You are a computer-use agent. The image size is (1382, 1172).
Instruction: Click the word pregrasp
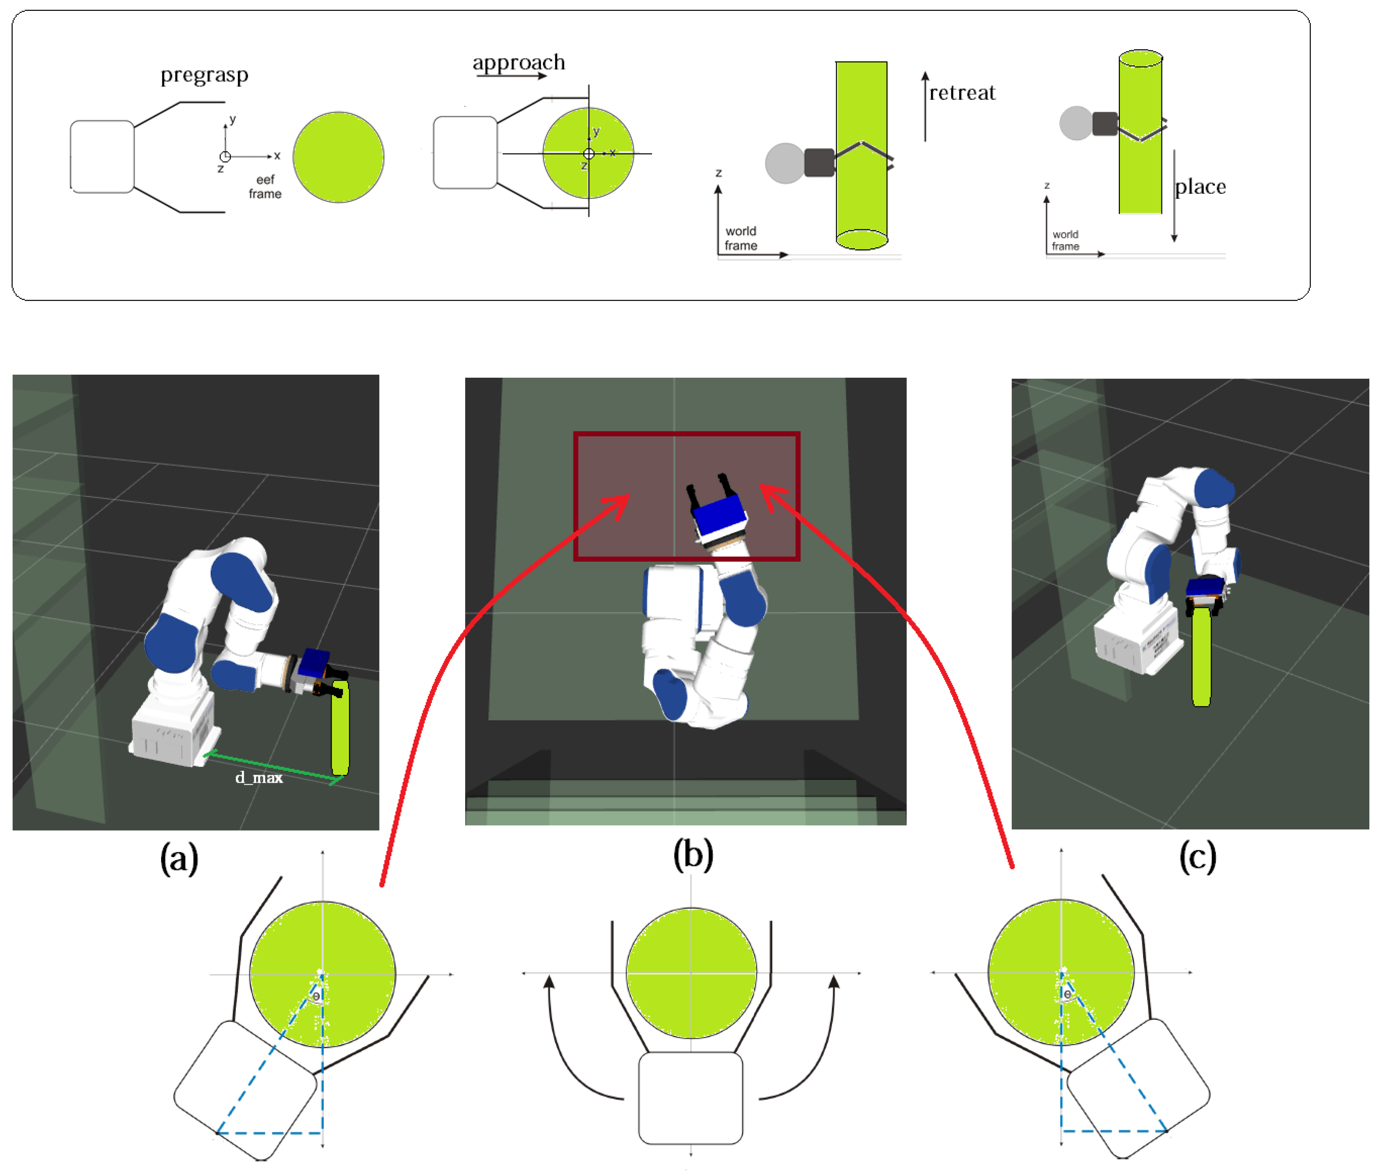[204, 75]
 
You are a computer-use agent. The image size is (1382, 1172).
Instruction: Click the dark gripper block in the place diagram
[1105, 123]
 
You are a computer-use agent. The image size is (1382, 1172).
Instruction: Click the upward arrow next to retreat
[925, 106]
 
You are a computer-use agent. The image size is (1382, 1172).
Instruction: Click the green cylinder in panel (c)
[1201, 658]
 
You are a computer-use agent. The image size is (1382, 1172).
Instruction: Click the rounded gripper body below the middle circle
[690, 1098]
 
